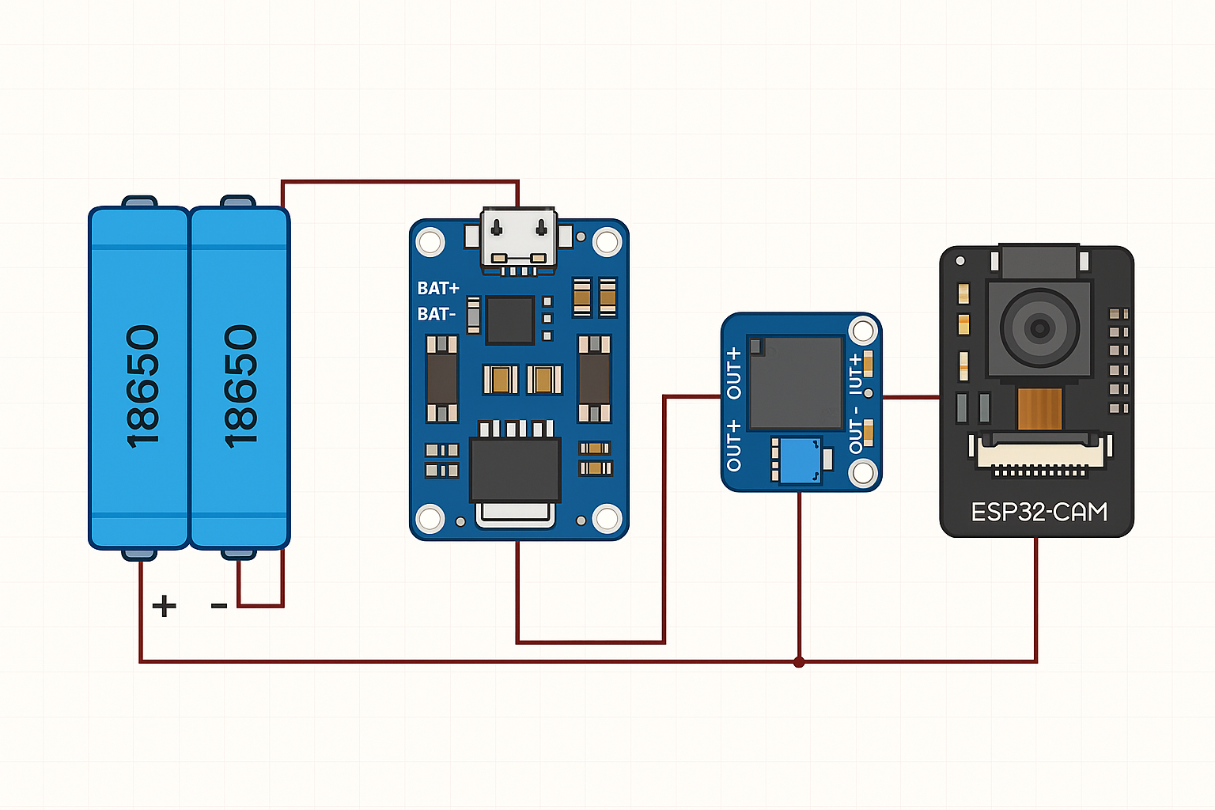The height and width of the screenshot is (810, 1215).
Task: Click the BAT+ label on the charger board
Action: [x=438, y=289]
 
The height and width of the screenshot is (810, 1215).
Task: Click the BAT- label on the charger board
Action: [x=437, y=315]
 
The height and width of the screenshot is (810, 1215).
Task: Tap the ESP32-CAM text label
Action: [x=1039, y=513]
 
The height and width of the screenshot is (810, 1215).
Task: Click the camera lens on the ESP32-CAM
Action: [x=1039, y=327]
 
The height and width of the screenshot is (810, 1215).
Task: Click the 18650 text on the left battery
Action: [x=142, y=386]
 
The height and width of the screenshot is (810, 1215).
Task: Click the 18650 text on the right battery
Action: [x=240, y=386]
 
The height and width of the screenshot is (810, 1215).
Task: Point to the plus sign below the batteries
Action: [x=164, y=607]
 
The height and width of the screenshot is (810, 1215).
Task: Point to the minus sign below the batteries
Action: [x=219, y=607]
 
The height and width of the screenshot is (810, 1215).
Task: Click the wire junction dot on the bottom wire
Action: [x=799, y=661]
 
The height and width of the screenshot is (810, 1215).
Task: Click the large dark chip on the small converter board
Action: [x=795, y=382]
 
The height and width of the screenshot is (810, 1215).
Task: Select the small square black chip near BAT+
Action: [x=509, y=320]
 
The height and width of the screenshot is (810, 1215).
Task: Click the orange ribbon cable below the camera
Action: [x=1039, y=408]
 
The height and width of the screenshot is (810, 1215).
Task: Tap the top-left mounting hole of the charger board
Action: [x=430, y=241]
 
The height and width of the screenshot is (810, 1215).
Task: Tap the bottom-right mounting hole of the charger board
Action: [x=607, y=519]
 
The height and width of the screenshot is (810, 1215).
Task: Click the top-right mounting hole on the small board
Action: [x=862, y=331]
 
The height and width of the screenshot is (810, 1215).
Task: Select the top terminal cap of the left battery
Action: [x=139, y=202]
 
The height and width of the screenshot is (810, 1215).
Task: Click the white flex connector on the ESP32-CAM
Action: [x=1039, y=454]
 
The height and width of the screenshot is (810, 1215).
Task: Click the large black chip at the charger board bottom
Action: [x=515, y=470]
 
